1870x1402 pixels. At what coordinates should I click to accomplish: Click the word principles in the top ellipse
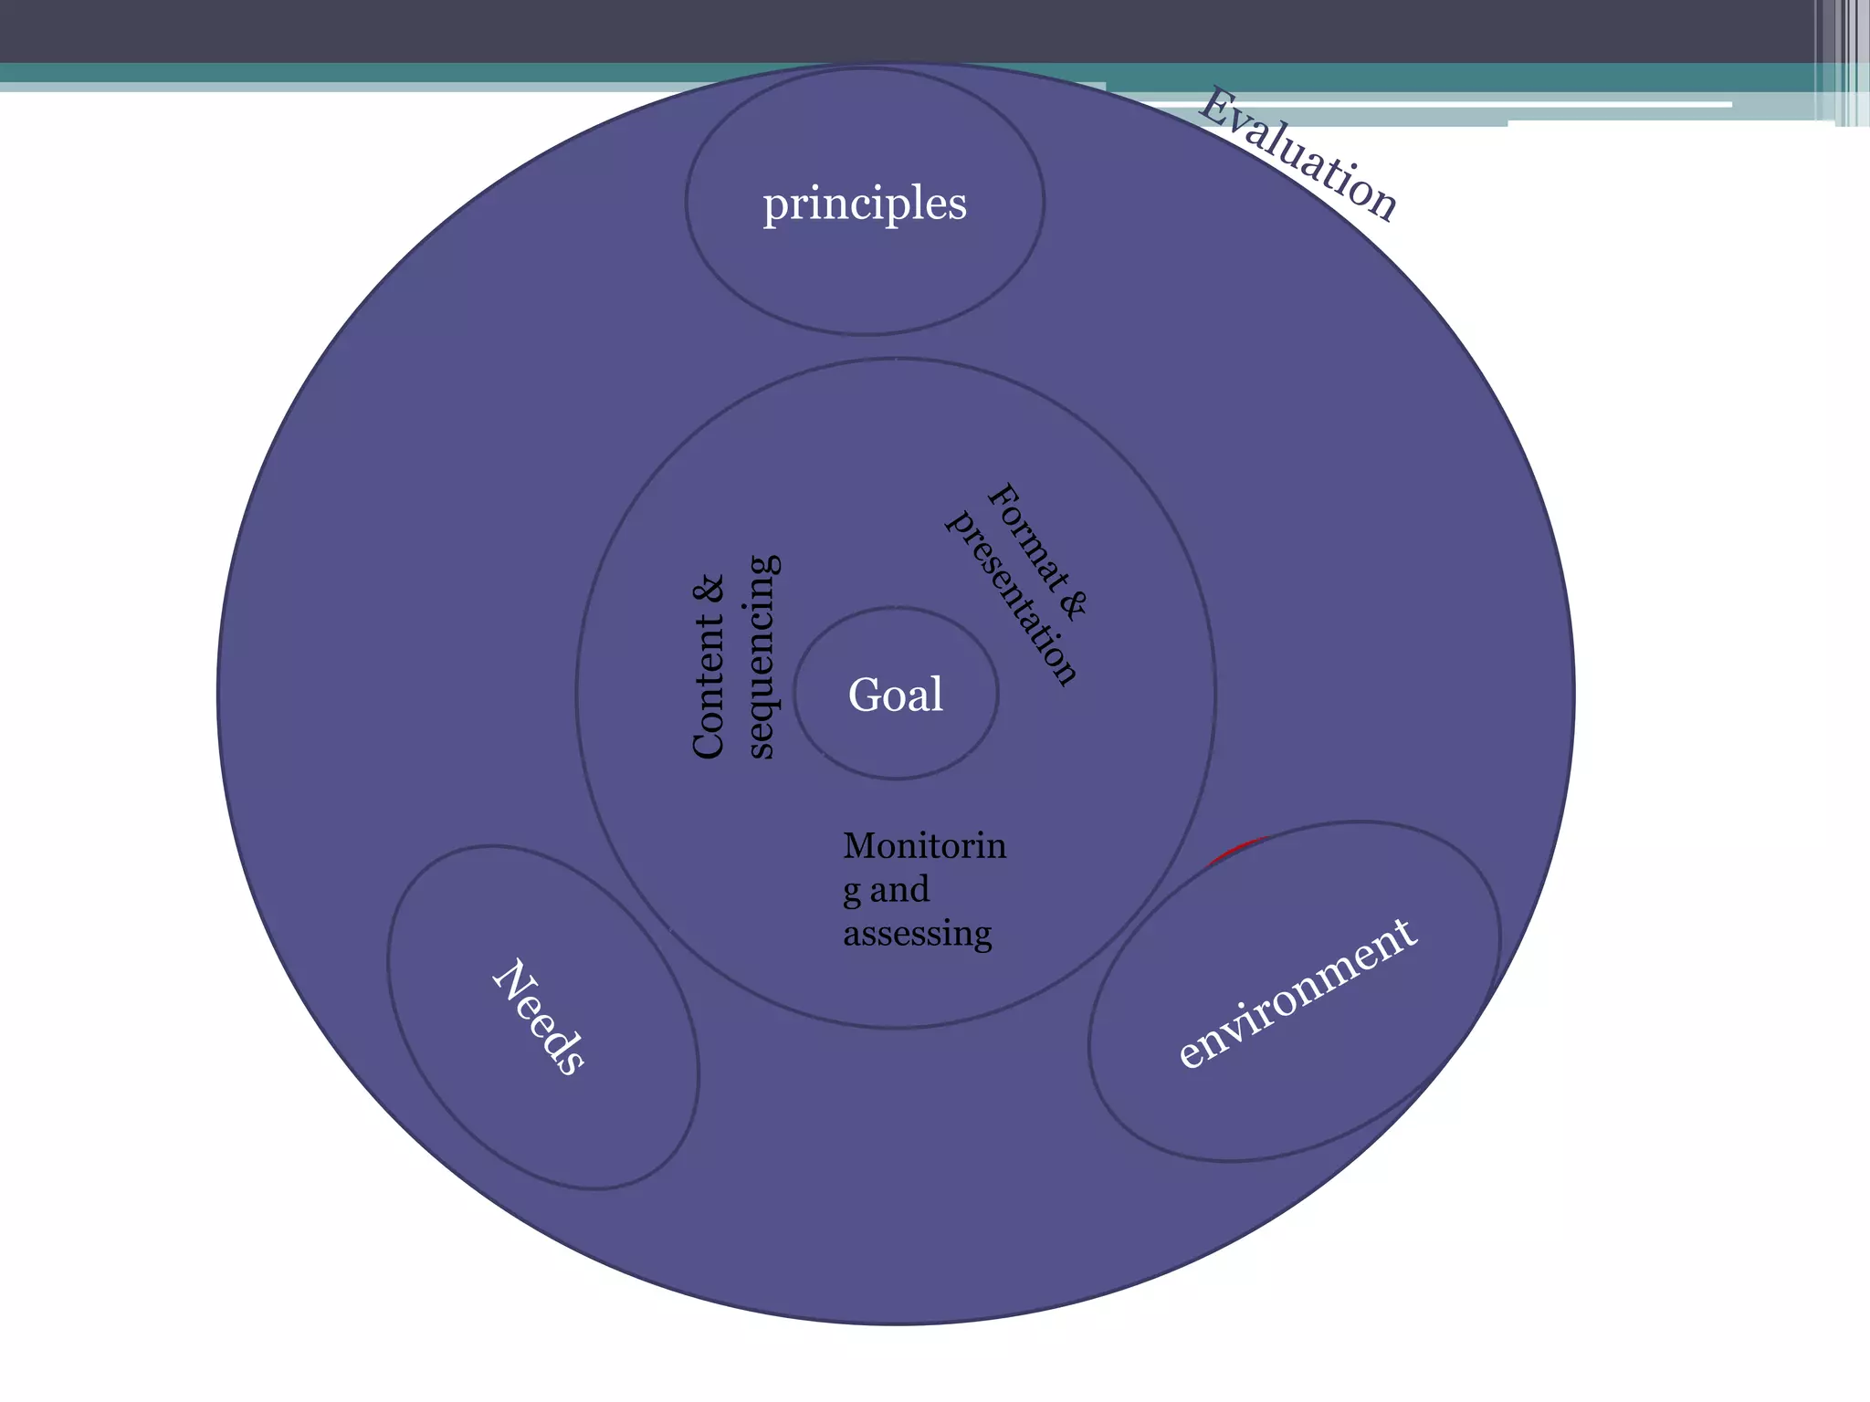865,204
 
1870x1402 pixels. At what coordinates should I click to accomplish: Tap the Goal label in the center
896,695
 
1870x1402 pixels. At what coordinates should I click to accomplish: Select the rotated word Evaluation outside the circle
1297,155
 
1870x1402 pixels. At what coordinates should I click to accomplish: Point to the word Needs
539,1017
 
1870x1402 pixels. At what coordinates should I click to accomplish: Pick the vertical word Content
709,685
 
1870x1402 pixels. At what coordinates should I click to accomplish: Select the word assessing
917,934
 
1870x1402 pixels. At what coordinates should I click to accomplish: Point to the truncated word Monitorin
924,846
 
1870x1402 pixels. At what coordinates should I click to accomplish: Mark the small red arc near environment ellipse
1236,848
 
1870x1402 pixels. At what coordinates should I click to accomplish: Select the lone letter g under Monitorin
852,893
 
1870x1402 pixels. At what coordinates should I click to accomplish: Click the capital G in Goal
864,695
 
